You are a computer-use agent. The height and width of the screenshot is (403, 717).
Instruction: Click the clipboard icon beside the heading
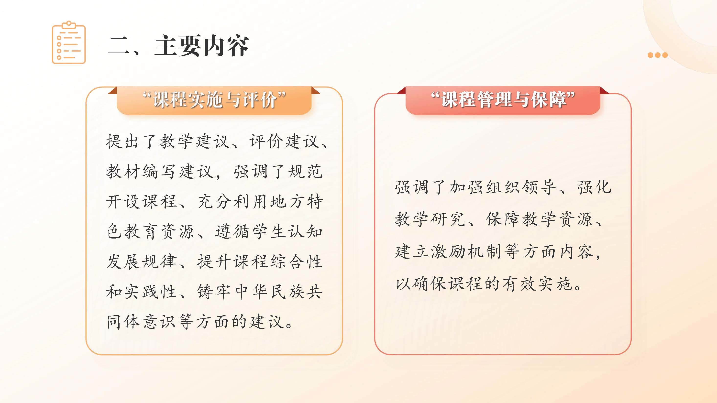pos(69,42)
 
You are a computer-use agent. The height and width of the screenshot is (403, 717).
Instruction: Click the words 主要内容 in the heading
pos(201,46)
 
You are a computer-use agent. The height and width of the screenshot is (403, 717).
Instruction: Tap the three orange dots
pos(657,55)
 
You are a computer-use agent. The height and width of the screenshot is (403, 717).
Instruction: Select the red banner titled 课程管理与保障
pos(503,100)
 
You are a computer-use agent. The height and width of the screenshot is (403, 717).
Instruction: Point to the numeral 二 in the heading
pos(119,46)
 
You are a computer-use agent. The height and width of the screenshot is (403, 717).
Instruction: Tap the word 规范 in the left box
pos(306,171)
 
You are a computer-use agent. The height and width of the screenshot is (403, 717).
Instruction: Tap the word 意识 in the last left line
pos(159,321)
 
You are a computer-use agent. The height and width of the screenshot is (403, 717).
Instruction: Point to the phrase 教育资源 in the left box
pos(159,231)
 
